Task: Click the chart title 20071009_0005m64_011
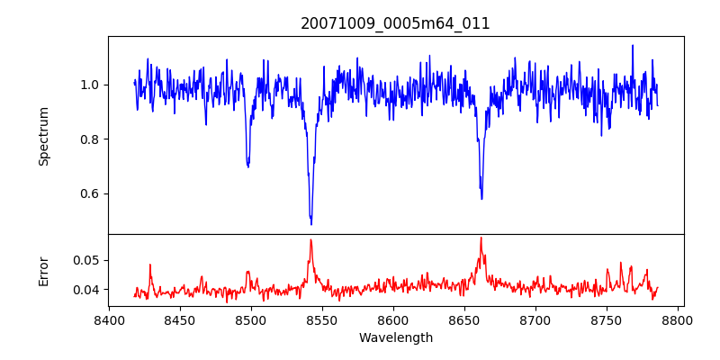click(395, 23)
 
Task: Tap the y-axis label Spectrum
click(44, 136)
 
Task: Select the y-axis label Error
click(44, 271)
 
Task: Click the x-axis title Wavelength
click(395, 338)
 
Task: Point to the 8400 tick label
click(109, 319)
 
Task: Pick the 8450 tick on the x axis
click(180, 319)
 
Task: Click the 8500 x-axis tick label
click(251, 319)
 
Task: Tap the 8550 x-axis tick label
click(322, 319)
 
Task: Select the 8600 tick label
click(393, 319)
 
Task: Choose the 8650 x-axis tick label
click(464, 319)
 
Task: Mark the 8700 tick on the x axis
click(535, 319)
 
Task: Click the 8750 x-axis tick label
click(607, 319)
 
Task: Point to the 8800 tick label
click(678, 319)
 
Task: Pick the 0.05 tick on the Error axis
click(84, 260)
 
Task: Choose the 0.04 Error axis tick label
click(84, 290)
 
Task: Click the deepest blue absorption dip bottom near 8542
click(310, 223)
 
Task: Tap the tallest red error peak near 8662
click(481, 238)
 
